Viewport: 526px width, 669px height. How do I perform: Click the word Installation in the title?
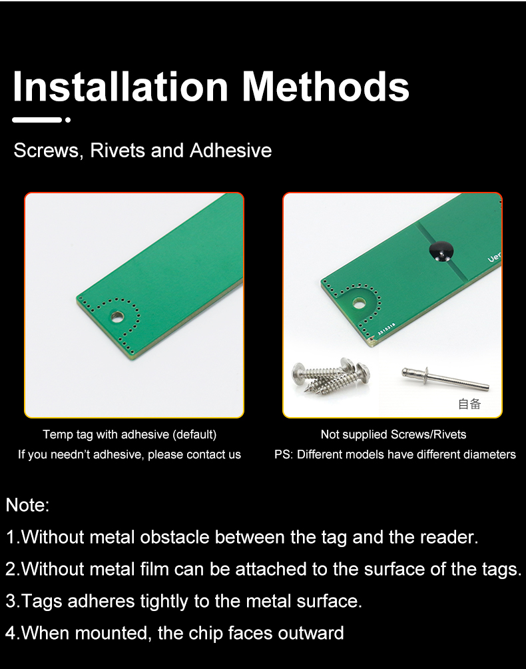[121, 87]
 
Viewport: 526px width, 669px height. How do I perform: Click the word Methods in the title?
[326, 87]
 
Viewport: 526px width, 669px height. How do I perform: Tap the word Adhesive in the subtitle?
[230, 150]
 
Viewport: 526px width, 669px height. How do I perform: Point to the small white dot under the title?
[68, 120]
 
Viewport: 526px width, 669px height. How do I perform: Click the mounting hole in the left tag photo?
[117, 317]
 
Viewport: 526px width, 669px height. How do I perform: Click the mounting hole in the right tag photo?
[359, 303]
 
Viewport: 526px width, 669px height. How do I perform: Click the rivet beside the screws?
[445, 379]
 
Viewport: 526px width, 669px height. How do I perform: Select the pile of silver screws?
[331, 374]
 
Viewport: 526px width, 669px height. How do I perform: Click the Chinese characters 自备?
[469, 404]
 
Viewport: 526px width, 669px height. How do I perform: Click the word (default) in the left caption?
[194, 434]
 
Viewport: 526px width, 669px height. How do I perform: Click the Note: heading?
[28, 505]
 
